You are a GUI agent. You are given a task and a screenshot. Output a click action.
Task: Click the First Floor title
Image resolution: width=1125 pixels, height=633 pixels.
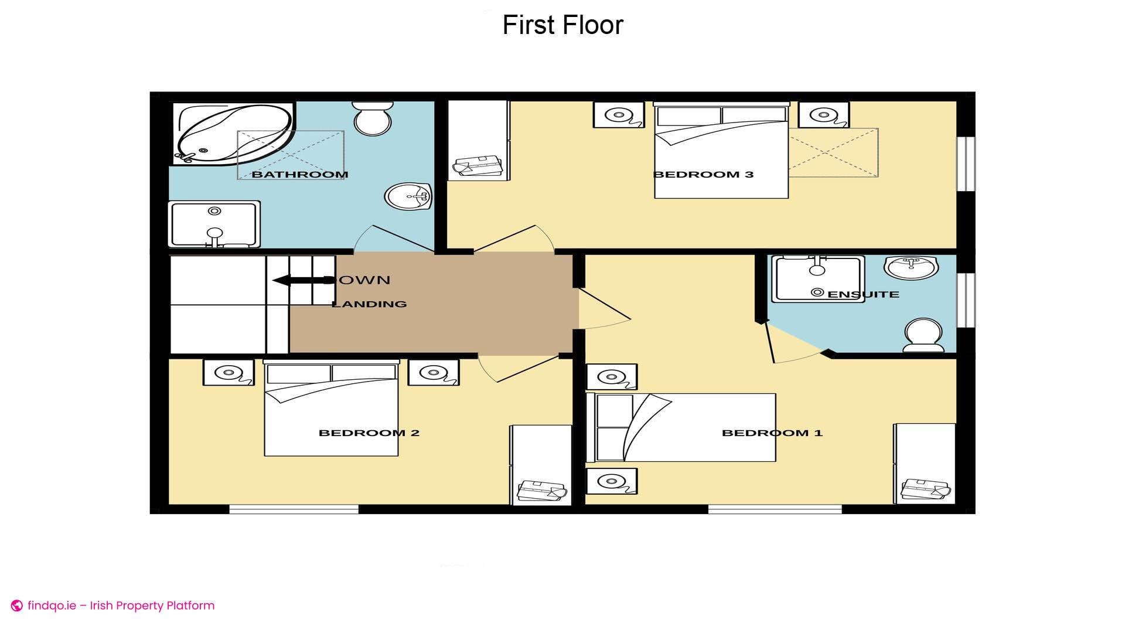coord(562,25)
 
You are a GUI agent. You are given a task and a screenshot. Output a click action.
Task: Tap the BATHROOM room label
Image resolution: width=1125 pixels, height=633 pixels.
coord(299,174)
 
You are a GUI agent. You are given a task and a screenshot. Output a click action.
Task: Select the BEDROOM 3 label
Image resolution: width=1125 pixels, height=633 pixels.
coord(703,174)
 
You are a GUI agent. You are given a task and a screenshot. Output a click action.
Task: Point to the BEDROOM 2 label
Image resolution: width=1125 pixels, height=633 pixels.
coord(369,433)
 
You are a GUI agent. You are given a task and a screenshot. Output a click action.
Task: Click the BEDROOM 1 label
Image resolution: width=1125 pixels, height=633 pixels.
coord(772,433)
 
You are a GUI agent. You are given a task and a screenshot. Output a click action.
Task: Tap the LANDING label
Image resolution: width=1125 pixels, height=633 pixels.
coord(369,304)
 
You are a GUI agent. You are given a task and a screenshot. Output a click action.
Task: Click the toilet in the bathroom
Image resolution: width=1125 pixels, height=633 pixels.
coord(372,119)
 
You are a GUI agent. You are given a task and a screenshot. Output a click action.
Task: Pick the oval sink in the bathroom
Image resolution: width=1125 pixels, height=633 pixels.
coord(408,197)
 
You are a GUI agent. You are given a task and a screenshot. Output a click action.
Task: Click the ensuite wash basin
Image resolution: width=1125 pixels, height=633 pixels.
coord(911,267)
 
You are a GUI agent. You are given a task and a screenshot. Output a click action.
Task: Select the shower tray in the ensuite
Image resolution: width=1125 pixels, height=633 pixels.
coord(817,278)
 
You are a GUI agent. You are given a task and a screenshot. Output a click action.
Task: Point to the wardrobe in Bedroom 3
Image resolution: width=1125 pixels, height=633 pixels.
coord(478,141)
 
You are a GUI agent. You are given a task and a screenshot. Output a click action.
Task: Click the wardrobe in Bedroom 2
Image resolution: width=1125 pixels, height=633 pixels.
coord(541,464)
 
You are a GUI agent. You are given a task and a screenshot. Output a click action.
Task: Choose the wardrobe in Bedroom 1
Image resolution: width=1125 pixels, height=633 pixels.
coord(924,463)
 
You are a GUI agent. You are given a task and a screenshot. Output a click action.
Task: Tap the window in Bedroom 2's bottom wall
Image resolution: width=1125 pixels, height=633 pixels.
coord(294,509)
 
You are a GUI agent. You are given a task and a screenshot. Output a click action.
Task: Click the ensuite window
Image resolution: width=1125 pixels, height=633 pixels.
coord(966,300)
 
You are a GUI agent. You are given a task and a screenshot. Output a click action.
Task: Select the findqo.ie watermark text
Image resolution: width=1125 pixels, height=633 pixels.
coord(121,605)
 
